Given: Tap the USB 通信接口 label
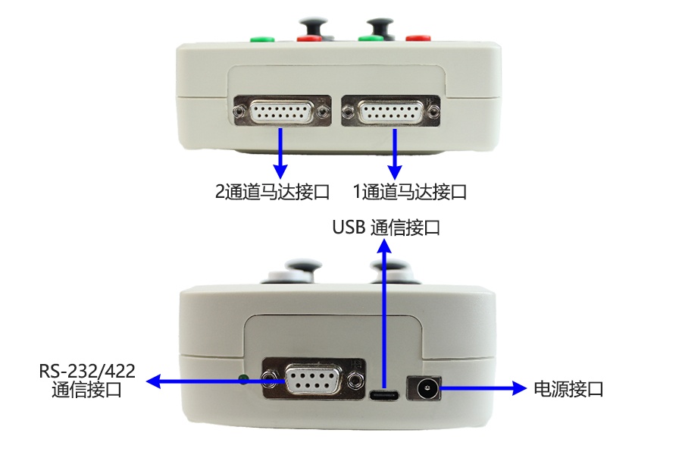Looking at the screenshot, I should pos(386,227).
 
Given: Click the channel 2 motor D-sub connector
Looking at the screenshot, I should pos(282,111).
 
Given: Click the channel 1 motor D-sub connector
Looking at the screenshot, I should pos(390,112).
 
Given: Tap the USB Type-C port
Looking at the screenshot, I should pos(386,395).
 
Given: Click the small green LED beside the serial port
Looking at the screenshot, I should pos(243,378).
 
